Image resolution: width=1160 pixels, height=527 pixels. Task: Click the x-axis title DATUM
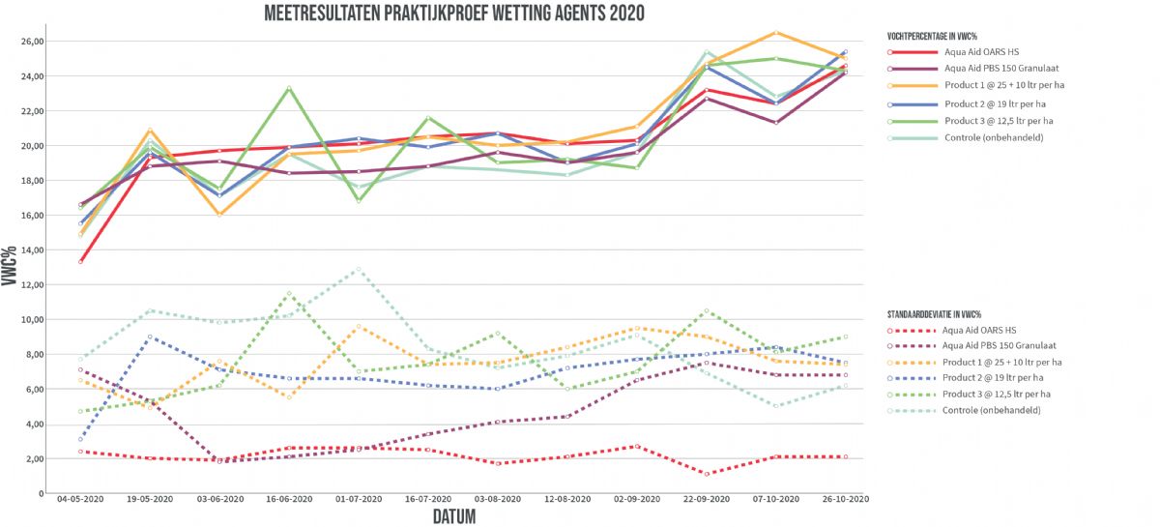coord(454,516)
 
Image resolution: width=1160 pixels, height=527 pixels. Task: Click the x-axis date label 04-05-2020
coord(80,500)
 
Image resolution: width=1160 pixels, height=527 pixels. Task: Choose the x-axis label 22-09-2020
coord(707,500)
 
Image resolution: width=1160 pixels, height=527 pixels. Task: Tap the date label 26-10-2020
coord(846,500)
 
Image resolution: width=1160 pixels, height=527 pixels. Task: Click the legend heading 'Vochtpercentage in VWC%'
coord(934,35)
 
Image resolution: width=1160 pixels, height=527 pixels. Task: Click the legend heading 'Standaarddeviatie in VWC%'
coord(934,315)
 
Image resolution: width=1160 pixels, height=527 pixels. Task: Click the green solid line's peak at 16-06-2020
coord(289,88)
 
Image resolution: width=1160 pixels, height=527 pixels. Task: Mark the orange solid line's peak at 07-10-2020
coord(776,33)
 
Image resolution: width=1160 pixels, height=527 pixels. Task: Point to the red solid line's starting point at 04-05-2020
coord(80,261)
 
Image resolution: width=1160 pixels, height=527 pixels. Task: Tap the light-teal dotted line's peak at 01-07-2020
coord(359,269)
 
